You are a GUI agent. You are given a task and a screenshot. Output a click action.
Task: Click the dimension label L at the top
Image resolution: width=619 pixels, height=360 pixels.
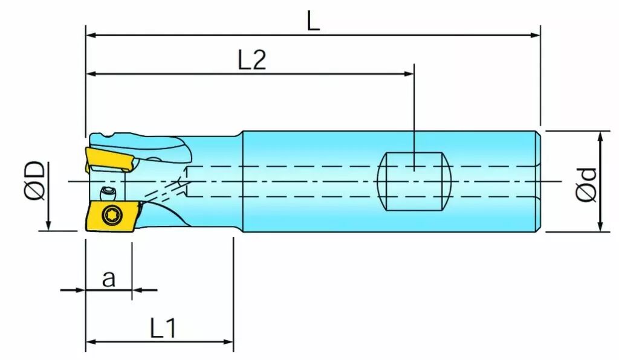tap(313, 21)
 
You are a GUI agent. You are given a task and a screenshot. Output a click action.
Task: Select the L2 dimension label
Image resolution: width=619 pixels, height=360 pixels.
tap(252, 60)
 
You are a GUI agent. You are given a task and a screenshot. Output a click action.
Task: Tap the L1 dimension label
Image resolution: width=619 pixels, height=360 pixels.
tap(163, 328)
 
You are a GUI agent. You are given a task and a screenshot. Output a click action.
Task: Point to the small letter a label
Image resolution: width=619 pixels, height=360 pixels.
tap(109, 278)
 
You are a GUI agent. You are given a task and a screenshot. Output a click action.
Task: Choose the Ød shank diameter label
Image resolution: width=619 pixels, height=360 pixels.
tap(586, 185)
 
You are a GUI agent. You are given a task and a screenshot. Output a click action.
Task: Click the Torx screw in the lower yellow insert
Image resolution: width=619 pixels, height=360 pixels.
tap(109, 214)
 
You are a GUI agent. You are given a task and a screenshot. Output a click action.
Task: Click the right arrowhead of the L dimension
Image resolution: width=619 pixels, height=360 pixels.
tap(536, 35)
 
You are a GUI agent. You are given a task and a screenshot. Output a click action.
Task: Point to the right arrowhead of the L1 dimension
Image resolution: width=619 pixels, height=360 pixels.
tap(228, 341)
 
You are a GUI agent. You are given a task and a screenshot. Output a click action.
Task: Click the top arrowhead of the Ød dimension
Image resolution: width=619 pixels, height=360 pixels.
tap(600, 137)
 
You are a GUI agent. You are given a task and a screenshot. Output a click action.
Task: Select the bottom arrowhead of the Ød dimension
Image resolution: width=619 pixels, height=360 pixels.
tap(600, 226)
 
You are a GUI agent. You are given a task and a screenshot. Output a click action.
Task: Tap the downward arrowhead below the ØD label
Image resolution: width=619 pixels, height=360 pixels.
tap(48, 225)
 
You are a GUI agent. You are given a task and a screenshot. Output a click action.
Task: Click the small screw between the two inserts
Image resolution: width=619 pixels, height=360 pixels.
tap(108, 193)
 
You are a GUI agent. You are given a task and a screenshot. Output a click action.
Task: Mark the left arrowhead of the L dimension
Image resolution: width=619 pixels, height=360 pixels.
tap(92, 35)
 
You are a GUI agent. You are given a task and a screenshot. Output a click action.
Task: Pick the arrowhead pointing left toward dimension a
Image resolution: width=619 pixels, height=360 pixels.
tap(137, 290)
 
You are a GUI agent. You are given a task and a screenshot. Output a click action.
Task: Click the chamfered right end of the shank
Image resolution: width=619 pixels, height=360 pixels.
tap(538, 181)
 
